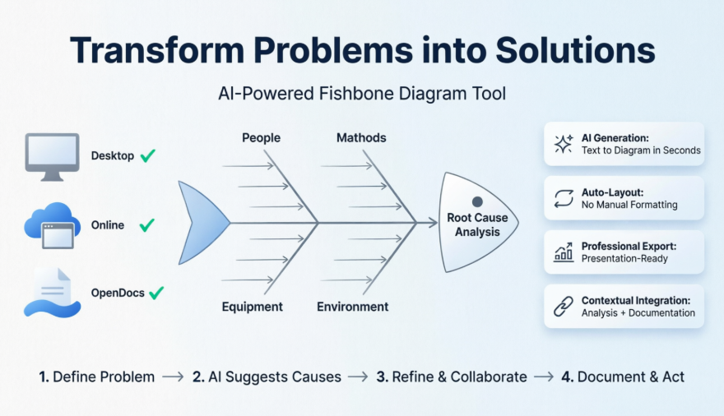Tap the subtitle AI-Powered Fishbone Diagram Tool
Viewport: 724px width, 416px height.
362,94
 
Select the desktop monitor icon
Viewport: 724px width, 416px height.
53,155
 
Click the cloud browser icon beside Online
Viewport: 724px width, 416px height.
53,224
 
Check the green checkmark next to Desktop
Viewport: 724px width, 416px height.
148,155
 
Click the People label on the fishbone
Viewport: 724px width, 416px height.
261,137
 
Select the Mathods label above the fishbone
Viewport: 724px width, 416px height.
361,137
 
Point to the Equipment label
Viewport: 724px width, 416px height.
252,307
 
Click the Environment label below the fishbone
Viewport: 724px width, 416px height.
352,307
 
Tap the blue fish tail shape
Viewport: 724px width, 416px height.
202,222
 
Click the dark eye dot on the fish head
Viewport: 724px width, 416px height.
476,201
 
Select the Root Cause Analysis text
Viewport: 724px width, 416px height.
477,224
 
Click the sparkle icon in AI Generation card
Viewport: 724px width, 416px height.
564,145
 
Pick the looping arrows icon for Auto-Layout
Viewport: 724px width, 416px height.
564,198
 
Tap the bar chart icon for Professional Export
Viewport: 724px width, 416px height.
564,252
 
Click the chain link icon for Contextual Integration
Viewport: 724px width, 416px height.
564,307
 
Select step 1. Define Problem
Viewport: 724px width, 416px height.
96,377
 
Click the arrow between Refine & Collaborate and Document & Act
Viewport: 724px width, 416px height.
544,377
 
